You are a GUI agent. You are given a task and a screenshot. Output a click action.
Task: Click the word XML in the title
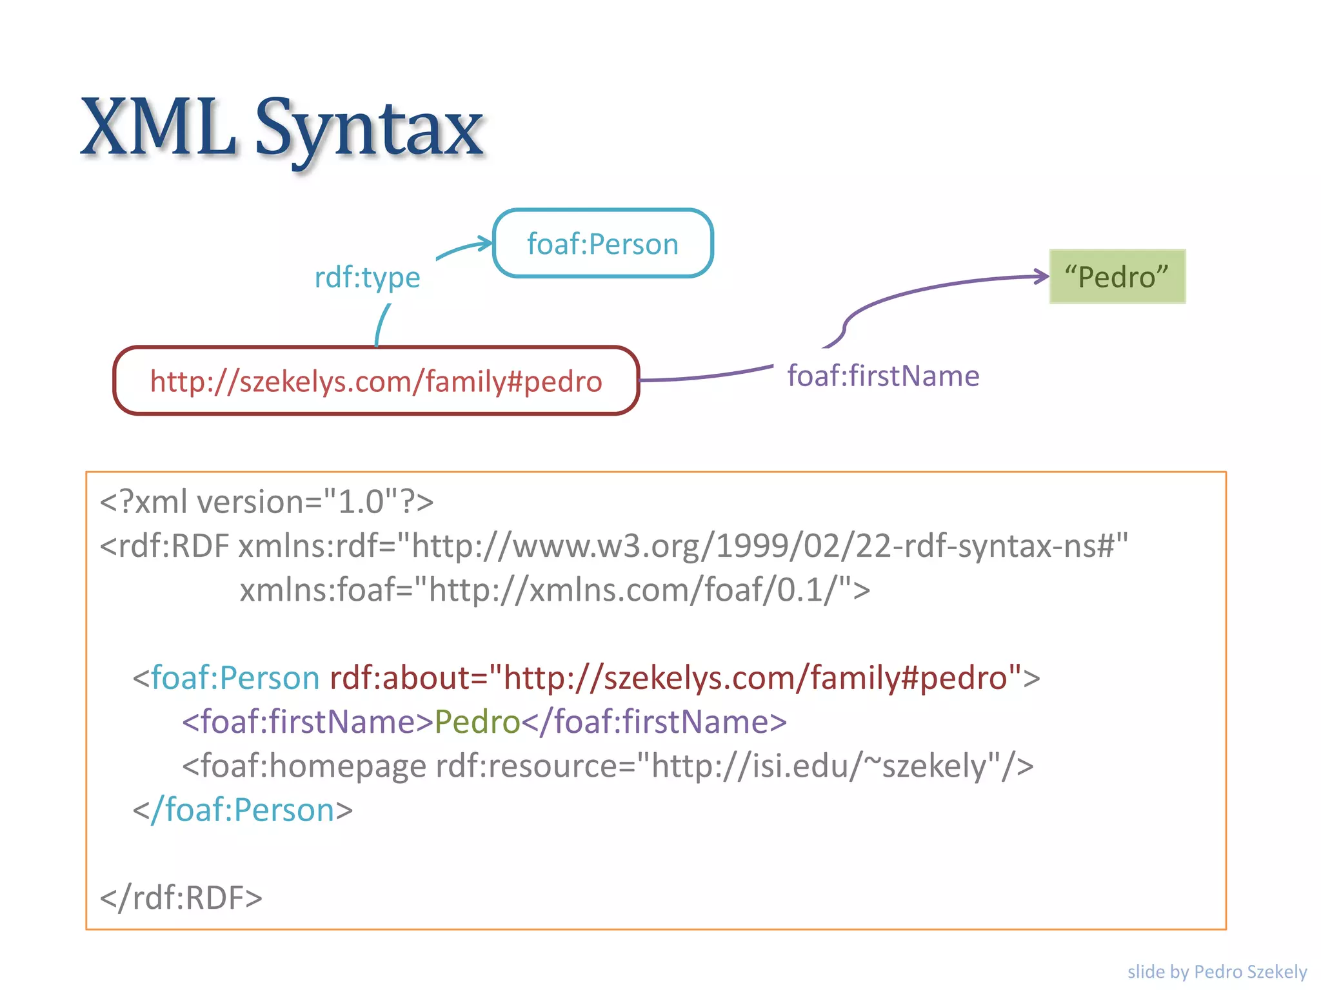pos(158,127)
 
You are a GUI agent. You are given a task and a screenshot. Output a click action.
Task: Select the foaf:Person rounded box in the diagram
pos(602,244)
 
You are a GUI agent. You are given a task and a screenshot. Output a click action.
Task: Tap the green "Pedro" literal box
pos(1117,277)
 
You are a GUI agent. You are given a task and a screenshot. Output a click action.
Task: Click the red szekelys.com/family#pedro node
pos(376,381)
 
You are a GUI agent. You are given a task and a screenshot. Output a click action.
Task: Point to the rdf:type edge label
pos(367,277)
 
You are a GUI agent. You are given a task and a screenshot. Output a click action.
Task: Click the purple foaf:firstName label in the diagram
pos(883,376)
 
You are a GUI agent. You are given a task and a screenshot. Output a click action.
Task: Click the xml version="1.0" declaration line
pos(266,501)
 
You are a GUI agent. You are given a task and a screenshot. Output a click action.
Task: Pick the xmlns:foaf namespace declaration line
pos(555,590)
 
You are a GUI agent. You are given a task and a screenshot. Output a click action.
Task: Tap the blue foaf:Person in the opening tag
pos(235,678)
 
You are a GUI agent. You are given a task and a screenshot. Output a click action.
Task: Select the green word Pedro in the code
pos(477,722)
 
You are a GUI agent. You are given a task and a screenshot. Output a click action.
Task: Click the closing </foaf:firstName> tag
pos(654,722)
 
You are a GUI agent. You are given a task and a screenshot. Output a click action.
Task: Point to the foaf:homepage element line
pos(607,766)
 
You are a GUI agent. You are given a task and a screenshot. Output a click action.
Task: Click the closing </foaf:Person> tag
pos(243,810)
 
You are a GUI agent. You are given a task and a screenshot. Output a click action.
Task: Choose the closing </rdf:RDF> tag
pos(181,898)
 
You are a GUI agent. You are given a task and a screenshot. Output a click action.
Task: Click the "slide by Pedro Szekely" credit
pos(1217,971)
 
